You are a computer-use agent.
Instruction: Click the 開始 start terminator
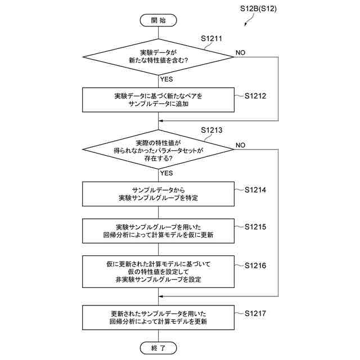point(158,20)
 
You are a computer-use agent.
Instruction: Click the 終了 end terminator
point(158,348)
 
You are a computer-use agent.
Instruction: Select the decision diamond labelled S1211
point(158,56)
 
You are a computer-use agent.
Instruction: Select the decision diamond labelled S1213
point(158,150)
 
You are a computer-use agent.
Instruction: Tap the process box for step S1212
point(158,100)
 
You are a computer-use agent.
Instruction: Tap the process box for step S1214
point(158,194)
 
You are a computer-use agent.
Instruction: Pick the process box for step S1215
point(158,231)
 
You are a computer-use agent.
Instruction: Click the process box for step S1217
point(158,318)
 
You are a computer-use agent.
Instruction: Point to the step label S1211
point(211,39)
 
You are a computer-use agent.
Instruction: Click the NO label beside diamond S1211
point(240,52)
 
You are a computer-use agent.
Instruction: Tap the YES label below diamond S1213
point(166,173)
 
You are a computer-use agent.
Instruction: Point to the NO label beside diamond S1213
point(240,145)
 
